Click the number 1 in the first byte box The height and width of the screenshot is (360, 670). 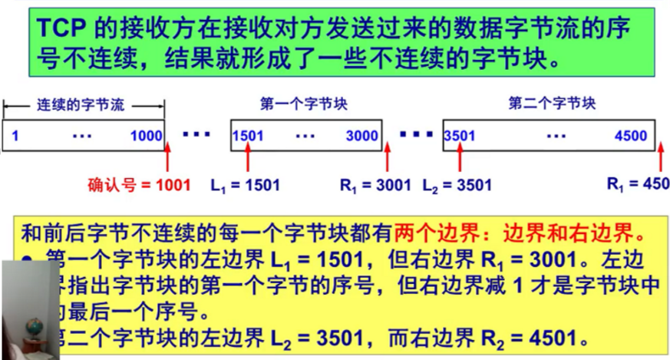pyautogui.click(x=15, y=137)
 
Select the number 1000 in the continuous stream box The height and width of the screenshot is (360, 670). pyautogui.click(x=146, y=137)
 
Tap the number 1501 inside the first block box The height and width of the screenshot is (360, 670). pyautogui.click(x=247, y=137)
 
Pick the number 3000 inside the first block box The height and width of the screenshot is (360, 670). pyautogui.click(x=362, y=137)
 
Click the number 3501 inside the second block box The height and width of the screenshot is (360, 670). pyautogui.click(x=460, y=137)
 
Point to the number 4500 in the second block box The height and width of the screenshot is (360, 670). pyautogui.click(x=632, y=137)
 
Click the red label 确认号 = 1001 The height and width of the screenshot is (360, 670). pyautogui.click(x=138, y=185)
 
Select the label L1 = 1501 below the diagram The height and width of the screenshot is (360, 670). pyautogui.click(x=245, y=185)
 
